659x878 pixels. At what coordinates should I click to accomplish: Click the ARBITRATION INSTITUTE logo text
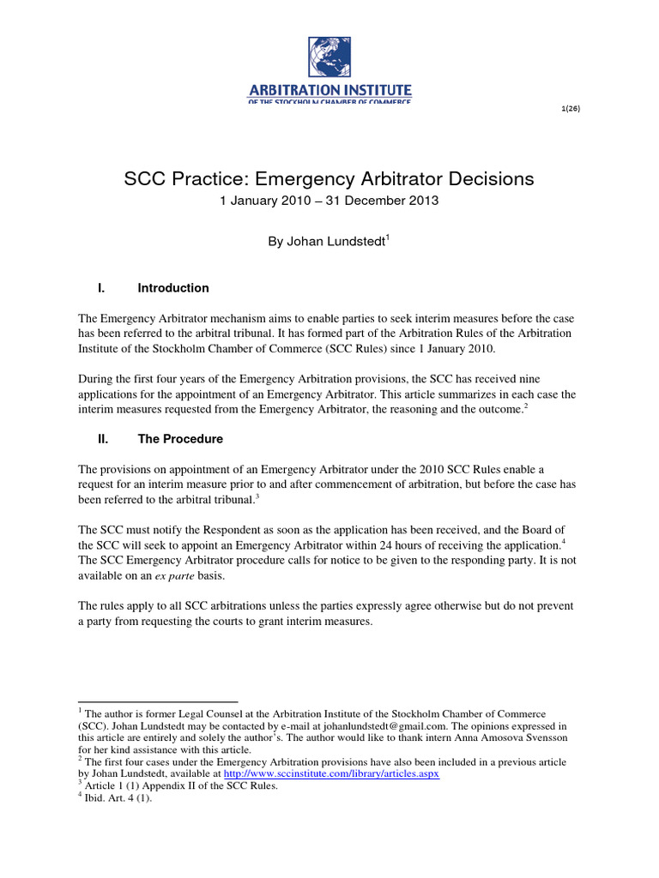(329, 89)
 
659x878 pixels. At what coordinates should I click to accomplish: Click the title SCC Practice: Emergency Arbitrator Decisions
(329, 179)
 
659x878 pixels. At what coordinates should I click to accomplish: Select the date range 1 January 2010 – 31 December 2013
(329, 201)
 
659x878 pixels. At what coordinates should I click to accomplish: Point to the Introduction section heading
(173, 288)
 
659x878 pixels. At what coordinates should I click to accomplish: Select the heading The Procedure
(180, 439)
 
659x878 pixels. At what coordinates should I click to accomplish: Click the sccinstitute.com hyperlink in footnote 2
(318, 774)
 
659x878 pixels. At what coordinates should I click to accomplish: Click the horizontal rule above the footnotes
(158, 701)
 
